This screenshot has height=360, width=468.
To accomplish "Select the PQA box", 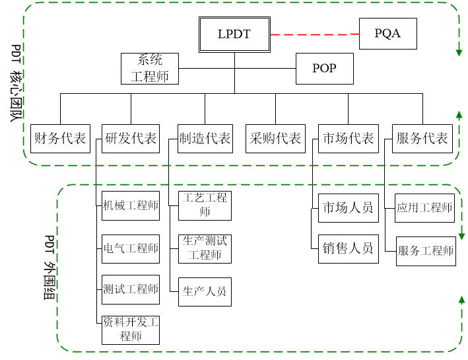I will [x=387, y=34].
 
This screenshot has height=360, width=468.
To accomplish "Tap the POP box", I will [x=324, y=69].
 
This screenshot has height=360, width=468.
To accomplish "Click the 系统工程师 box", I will [x=150, y=69].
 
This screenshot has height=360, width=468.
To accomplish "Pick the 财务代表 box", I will [x=60, y=139].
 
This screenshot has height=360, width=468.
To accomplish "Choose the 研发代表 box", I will [x=131, y=139].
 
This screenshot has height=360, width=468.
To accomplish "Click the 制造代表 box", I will [x=205, y=139].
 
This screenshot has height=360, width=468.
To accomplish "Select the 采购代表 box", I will [x=275, y=139].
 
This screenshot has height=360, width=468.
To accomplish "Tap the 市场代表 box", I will [x=348, y=139].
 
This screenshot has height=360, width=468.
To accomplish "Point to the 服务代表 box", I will [x=422, y=139].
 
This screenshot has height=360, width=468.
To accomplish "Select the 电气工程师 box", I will [x=131, y=249].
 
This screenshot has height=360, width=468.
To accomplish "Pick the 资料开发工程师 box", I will [x=131, y=330].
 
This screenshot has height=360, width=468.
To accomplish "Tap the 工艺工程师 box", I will [x=205, y=205].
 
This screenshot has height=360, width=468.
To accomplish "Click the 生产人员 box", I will [x=205, y=291].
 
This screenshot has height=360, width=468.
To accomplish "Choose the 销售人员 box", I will [x=348, y=249].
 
